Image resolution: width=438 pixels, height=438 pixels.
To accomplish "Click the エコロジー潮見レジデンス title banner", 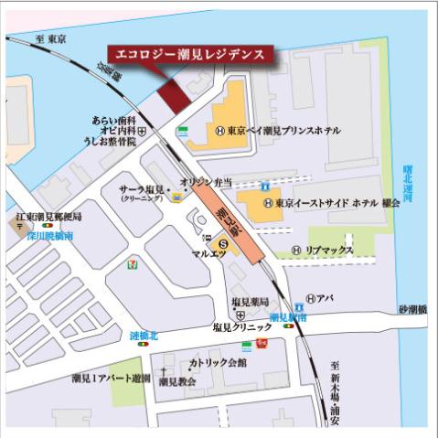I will click(190, 54).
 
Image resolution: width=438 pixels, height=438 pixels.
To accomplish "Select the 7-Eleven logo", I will click(135, 262).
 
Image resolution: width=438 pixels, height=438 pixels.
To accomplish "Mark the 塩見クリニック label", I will click(242, 326).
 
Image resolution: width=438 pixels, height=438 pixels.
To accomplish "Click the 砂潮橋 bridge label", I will click(412, 310).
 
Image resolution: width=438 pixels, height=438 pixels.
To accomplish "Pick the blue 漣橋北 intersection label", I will click(144, 336).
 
